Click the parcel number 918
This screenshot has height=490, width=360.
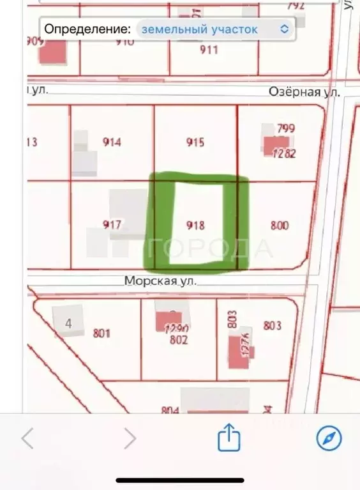pyautogui.click(x=195, y=225)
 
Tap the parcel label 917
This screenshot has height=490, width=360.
pyautogui.click(x=112, y=225)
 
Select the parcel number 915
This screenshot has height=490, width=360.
pyautogui.click(x=195, y=142)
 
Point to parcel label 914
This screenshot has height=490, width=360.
pyautogui.click(x=112, y=142)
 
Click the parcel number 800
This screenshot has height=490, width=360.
pyautogui.click(x=280, y=225)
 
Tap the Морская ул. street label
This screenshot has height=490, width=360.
pyautogui.click(x=160, y=280)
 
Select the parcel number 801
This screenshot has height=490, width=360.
pyautogui.click(x=101, y=333)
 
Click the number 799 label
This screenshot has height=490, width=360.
pyautogui.click(x=286, y=129)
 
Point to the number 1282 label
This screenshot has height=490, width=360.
pyautogui.click(x=283, y=153)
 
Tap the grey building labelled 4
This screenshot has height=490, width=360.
pyautogui.click(x=68, y=323)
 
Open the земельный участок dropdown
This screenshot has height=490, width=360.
pyautogui.click(x=214, y=29)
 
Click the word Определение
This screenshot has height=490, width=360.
pyautogui.click(x=87, y=29)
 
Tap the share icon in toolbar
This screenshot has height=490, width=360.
pyautogui.click(x=229, y=438)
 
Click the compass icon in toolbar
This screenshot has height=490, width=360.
pyautogui.click(x=329, y=438)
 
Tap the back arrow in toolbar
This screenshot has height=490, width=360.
pyautogui.click(x=27, y=438)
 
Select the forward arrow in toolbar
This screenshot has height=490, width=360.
pyautogui.click(x=130, y=438)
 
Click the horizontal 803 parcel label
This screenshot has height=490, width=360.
pyautogui.click(x=272, y=326)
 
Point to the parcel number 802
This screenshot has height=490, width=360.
pyautogui.click(x=179, y=340)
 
